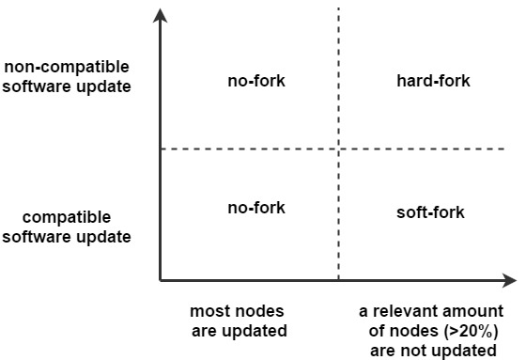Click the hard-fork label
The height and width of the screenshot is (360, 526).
click(433, 81)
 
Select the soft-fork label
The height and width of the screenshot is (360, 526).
click(430, 212)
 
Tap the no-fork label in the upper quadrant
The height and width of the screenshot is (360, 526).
click(256, 81)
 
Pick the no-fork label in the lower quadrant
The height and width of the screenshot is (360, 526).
click(256, 208)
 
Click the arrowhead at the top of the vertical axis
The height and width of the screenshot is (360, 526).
click(161, 16)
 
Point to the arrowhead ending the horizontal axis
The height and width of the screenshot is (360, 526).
click(509, 280)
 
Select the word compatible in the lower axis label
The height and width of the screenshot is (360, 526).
click(67, 217)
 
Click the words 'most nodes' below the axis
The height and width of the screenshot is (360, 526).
click(239, 311)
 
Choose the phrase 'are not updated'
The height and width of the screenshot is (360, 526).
click(433, 351)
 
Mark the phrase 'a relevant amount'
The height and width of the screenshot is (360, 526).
click(433, 311)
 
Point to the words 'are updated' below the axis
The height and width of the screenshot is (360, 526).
click(239, 331)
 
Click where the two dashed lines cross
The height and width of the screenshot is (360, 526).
click(338, 149)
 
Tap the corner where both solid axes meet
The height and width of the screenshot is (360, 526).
click(161, 280)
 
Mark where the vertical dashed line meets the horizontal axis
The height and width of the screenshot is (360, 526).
click(338, 280)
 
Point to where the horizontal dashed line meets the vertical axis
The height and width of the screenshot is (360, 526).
click(161, 149)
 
